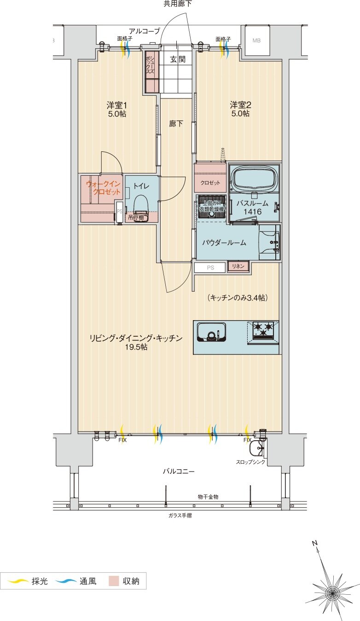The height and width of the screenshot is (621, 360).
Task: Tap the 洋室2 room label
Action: click(240, 104)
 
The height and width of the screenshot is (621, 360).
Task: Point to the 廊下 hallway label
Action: click(176, 124)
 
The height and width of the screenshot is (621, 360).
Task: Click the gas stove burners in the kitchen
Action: click(263, 328)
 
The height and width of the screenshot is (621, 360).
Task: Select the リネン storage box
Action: click(238, 266)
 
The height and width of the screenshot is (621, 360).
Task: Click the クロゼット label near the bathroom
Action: click(210, 183)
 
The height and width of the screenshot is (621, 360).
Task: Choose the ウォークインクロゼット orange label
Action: click(104, 188)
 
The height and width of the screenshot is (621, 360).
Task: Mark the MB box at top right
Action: click(256, 40)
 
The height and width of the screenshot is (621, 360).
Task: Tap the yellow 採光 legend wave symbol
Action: click(17, 581)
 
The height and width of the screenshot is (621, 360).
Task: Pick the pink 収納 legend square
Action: click(114, 581)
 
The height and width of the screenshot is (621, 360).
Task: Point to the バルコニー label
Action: click(179, 471)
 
